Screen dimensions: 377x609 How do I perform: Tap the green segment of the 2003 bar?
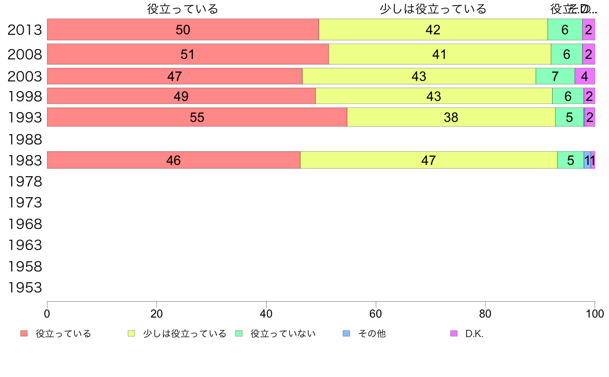[555, 76]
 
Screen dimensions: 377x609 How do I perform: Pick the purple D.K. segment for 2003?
[584, 76]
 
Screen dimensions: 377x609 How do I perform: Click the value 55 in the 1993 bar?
[197, 118]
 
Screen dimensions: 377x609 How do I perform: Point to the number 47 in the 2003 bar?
[175, 76]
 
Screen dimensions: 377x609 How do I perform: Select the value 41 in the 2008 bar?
[439, 54]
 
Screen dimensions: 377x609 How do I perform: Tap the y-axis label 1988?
[25, 139]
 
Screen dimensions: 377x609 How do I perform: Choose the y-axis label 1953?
[25, 288]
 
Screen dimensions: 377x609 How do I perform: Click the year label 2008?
[25, 54]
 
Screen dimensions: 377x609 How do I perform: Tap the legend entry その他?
[372, 334]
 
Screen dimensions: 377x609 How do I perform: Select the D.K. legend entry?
[474, 334]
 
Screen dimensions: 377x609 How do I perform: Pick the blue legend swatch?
[346, 334]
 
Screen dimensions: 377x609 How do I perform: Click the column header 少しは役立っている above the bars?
[433, 9]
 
